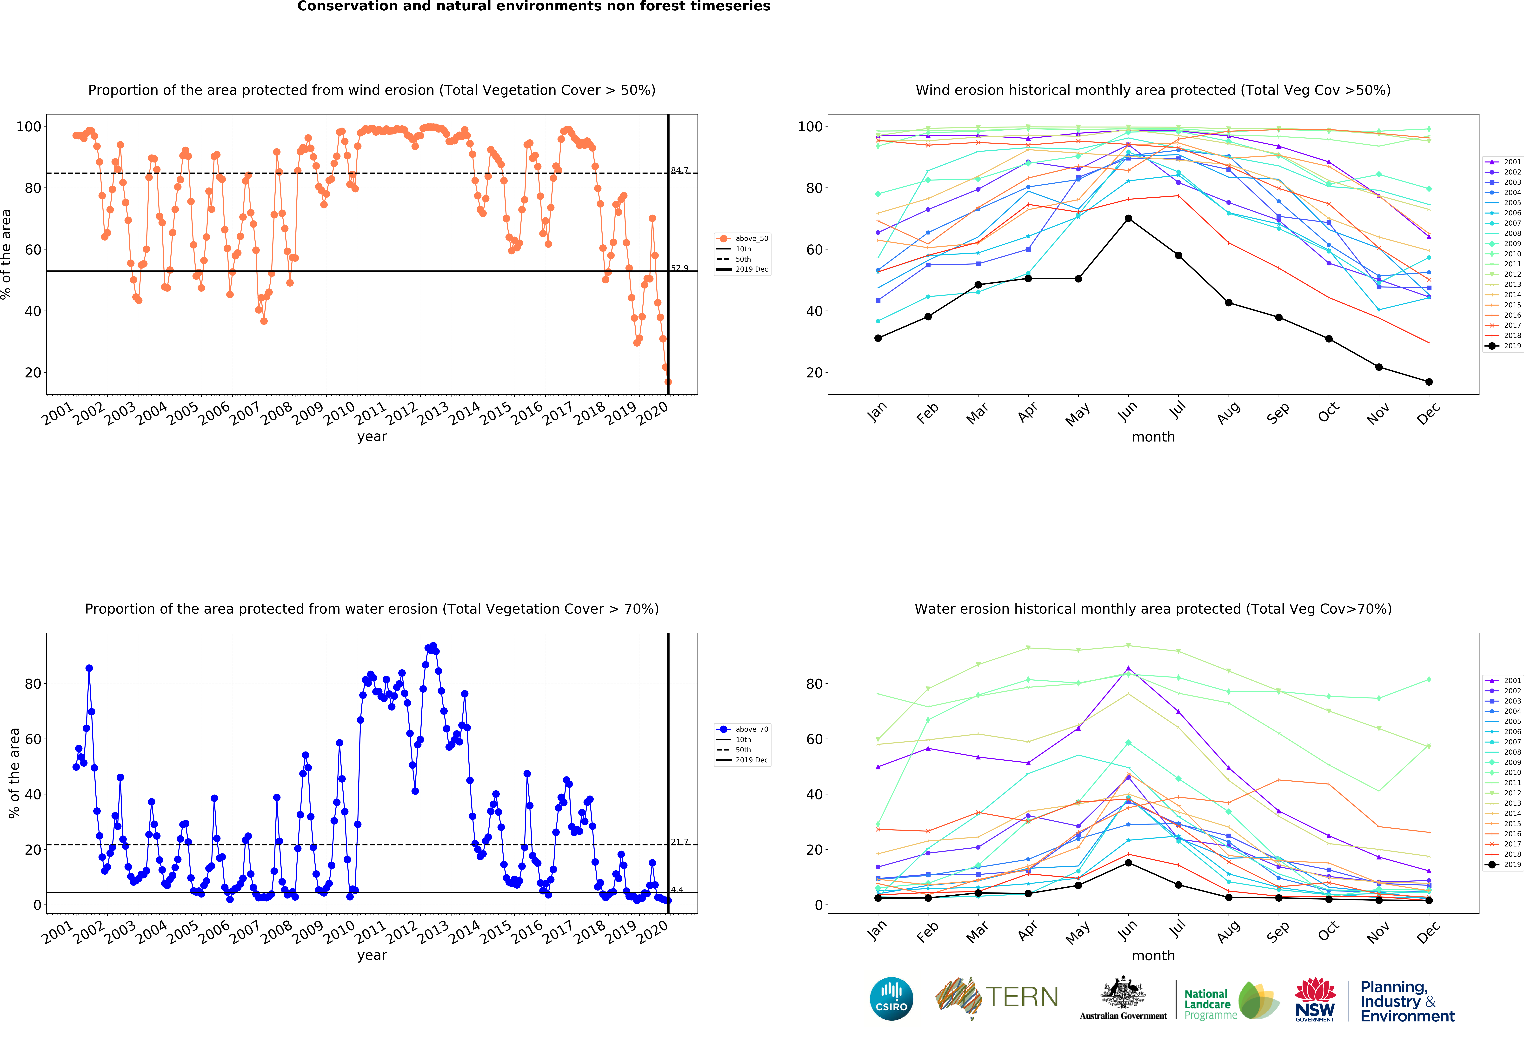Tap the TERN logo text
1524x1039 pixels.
1022,997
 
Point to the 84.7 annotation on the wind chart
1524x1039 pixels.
679,171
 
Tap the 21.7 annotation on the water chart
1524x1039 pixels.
679,842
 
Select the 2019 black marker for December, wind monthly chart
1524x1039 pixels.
1429,382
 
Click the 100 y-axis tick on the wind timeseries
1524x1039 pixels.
28,127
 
